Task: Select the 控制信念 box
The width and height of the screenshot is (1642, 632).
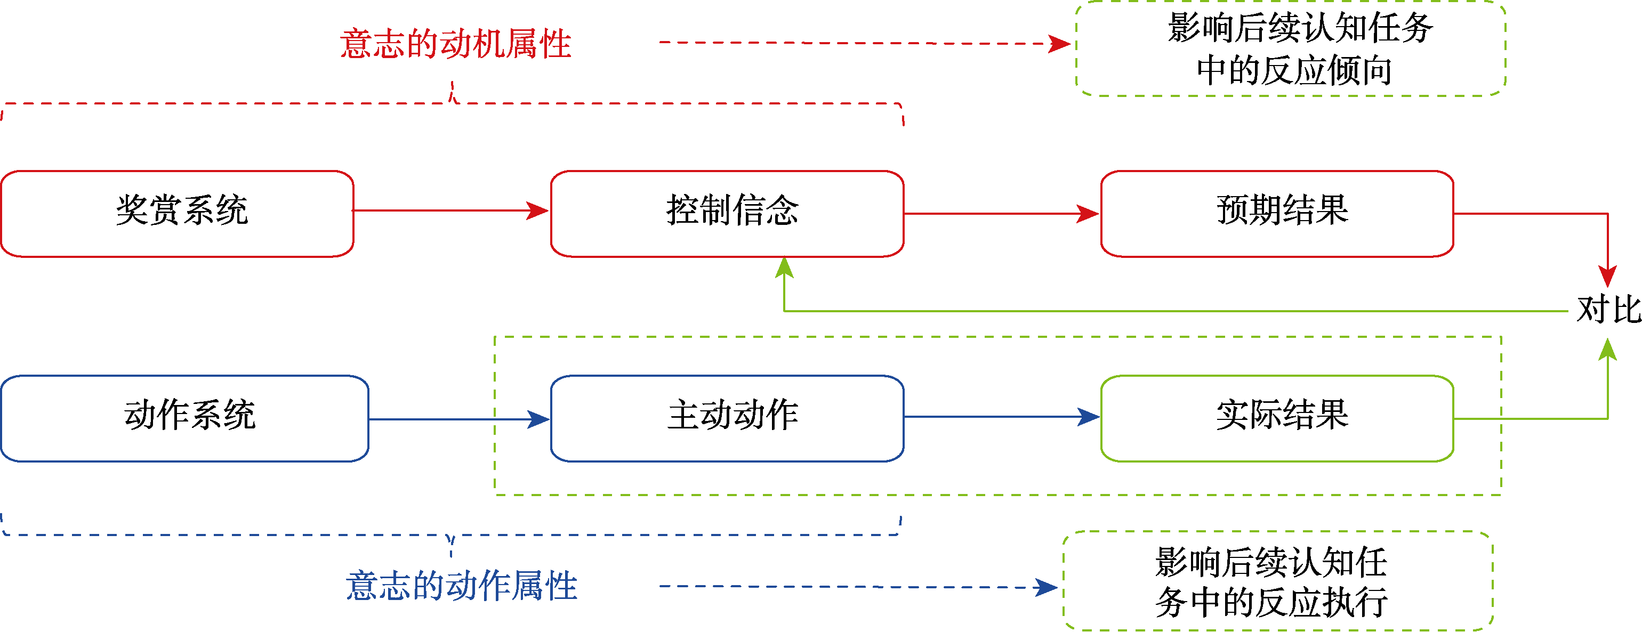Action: point(727,214)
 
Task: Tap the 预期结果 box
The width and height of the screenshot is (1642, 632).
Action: point(1277,214)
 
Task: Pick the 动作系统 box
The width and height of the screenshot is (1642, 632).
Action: point(185,418)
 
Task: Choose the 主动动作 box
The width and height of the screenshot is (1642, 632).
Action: point(727,418)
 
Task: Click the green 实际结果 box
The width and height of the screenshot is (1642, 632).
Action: point(1277,418)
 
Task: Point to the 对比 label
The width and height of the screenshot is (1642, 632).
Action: point(1607,310)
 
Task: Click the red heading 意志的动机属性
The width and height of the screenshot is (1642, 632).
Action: point(455,43)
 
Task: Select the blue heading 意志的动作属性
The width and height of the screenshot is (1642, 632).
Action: point(461,586)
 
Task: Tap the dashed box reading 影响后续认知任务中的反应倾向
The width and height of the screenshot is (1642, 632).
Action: point(1291,49)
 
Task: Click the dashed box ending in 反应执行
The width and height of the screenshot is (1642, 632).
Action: point(1277,581)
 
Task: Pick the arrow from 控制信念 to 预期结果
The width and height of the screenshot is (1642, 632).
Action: point(1001,214)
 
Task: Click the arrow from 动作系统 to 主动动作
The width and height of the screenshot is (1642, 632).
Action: point(459,419)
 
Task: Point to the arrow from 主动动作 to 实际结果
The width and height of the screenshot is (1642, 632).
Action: point(1001,417)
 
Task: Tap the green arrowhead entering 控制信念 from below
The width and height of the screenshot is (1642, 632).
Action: point(784,268)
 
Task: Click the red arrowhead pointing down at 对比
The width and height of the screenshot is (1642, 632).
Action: point(1607,277)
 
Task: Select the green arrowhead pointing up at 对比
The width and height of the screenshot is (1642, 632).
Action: point(1607,349)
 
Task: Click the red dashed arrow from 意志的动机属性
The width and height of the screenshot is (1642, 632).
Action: point(860,43)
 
